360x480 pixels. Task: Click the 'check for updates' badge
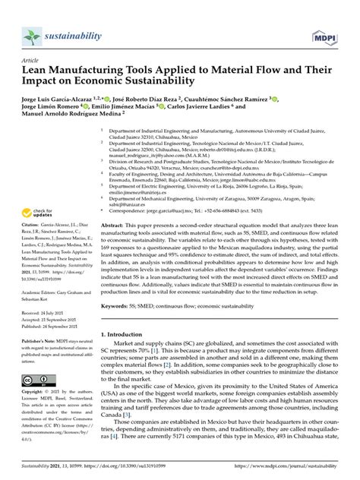coord(42,214)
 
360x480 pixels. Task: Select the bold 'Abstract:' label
coord(113,226)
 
